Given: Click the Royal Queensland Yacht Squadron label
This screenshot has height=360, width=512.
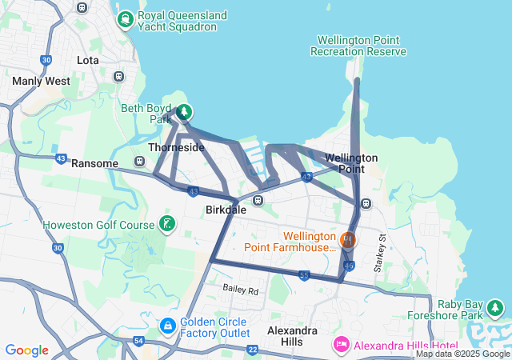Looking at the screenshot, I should click(177, 21).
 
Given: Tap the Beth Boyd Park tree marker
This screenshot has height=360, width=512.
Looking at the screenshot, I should click(184, 112).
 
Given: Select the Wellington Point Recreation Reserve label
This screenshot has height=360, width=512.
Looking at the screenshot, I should click(362, 46).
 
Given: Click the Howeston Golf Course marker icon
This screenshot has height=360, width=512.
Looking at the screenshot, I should click(167, 224).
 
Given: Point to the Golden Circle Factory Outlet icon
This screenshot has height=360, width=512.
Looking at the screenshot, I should click(168, 326).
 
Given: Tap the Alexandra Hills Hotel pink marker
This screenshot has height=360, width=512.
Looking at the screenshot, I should click(339, 345).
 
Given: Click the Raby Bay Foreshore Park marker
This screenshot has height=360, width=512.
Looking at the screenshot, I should click(496, 307).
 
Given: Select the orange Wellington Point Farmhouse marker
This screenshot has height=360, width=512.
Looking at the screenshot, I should click(348, 239).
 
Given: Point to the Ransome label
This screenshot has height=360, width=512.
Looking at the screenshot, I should click(95, 163).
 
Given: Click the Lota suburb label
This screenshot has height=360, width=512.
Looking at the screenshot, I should click(87, 60).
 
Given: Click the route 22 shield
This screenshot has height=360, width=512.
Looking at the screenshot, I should click(253, 350).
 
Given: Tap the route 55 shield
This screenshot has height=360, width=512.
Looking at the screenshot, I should click(304, 275).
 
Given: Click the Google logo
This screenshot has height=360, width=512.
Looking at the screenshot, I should click(26, 350).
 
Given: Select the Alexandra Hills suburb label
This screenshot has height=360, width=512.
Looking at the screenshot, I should click(292, 337).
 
